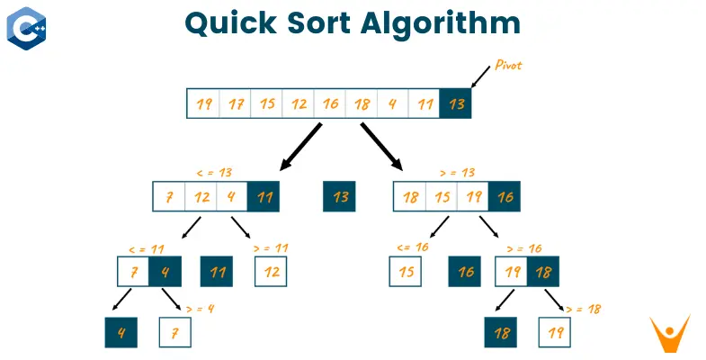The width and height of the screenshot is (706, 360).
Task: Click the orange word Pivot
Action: click(x=508, y=65)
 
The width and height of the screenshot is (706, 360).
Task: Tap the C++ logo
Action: click(x=26, y=29)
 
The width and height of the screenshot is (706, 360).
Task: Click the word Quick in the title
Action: click(x=230, y=23)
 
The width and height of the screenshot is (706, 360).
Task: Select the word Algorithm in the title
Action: click(x=441, y=23)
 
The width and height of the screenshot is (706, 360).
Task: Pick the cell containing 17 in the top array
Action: click(x=235, y=103)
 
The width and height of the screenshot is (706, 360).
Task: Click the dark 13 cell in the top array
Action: click(x=455, y=103)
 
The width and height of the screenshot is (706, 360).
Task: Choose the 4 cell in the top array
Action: click(x=393, y=103)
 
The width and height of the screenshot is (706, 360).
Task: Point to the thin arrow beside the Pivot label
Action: click(x=480, y=76)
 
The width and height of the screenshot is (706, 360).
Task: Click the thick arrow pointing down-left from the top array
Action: click(x=300, y=147)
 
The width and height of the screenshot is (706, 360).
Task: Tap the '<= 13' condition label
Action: click(x=214, y=173)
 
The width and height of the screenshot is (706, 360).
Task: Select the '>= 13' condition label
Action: click(x=457, y=173)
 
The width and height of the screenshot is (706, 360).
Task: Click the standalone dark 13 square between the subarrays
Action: click(x=339, y=196)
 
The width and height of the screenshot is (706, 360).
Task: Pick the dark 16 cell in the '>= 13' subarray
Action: click(x=505, y=196)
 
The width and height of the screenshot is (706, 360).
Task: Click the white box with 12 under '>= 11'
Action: click(x=271, y=271)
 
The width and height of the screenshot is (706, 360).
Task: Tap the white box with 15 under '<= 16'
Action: click(x=406, y=271)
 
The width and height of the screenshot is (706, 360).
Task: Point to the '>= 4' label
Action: click(x=200, y=309)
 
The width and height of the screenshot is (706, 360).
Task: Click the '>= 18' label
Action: click(x=583, y=309)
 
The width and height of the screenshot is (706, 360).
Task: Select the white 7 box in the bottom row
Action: click(x=174, y=332)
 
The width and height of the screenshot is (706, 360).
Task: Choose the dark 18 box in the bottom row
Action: click(x=501, y=332)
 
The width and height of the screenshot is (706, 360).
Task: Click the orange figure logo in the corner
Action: click(x=669, y=333)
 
